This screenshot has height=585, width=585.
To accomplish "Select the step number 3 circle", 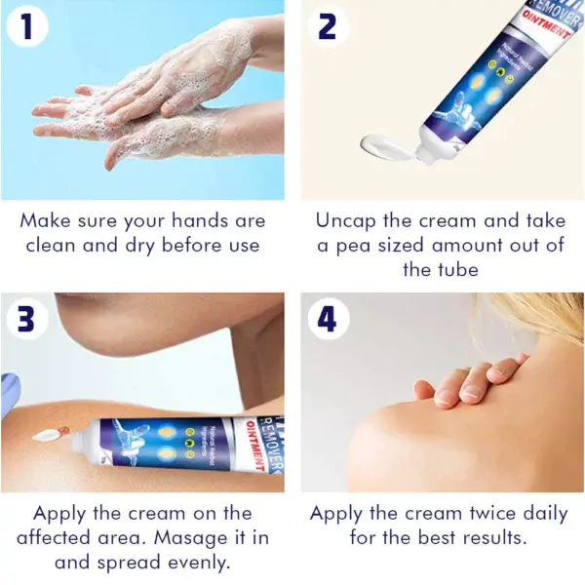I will point(28,319).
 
